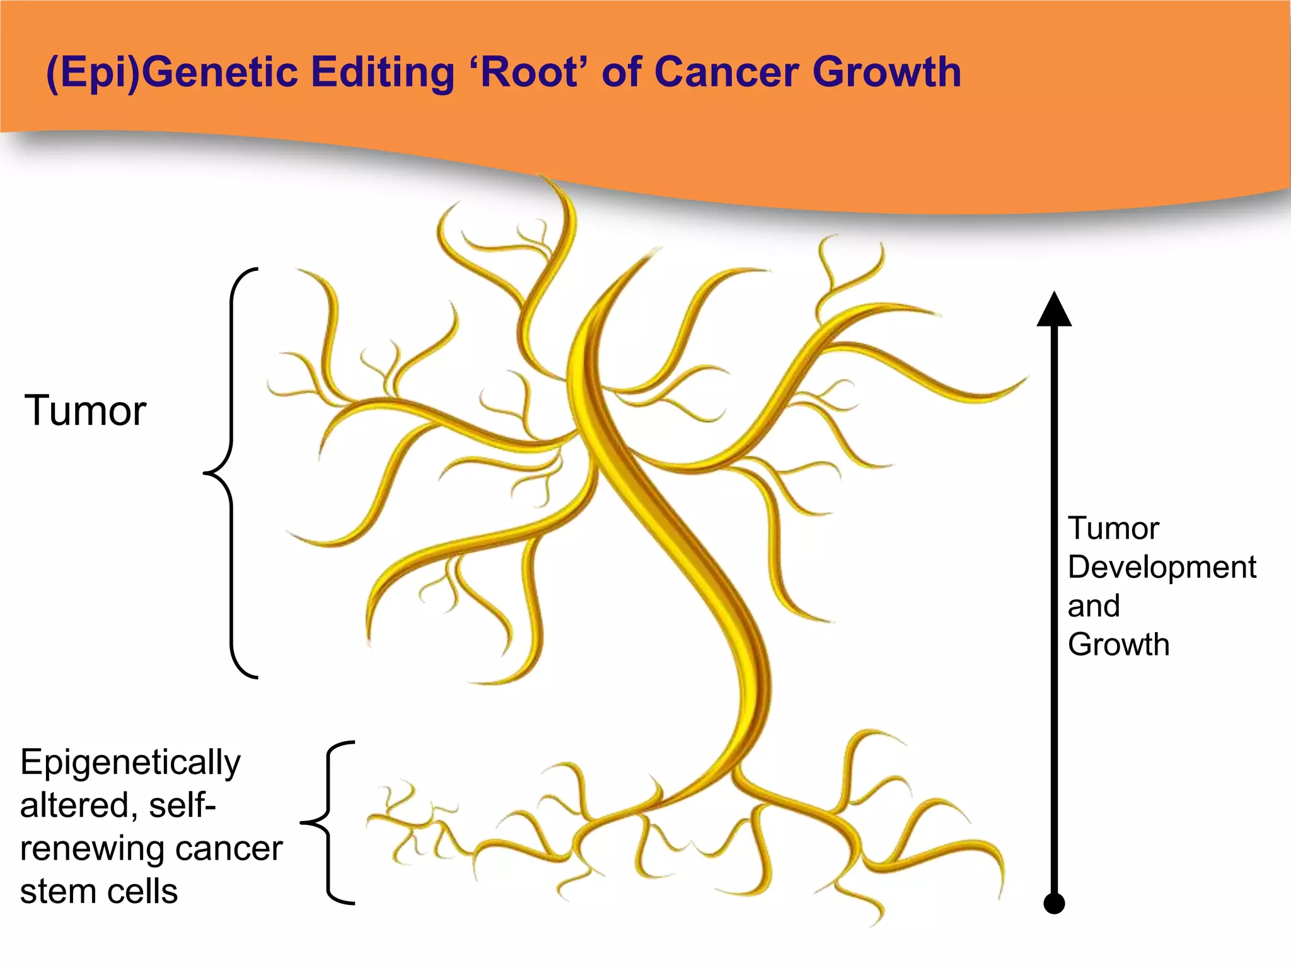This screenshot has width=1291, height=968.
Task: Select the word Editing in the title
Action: tap(381, 72)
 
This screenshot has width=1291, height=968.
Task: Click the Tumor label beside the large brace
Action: tap(86, 411)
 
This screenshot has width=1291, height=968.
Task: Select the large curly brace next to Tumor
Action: tap(231, 473)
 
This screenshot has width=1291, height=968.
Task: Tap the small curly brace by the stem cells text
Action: tap(328, 822)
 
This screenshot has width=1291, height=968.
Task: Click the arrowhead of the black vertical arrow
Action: tap(1054, 310)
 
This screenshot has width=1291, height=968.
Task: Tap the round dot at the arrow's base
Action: tap(1054, 903)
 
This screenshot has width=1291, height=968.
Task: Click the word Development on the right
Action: tap(1162, 568)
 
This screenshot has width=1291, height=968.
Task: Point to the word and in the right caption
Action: tap(1094, 606)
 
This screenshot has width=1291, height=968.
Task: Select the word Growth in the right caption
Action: tap(1118, 645)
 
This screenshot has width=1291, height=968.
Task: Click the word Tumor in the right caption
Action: tap(1113, 528)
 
